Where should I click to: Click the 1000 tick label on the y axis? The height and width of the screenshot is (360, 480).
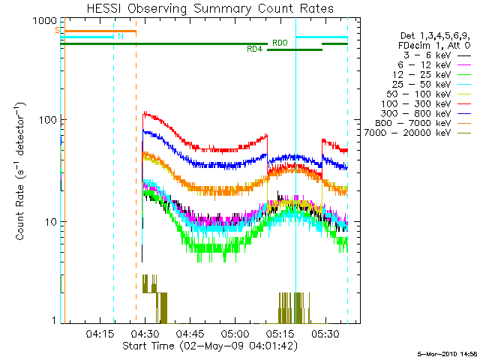[x=43, y=21]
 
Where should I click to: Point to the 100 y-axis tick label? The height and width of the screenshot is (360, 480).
[x=46, y=119]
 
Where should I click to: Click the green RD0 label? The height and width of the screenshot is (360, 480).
[x=280, y=43]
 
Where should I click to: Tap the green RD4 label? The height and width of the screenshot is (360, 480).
[x=254, y=49]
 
